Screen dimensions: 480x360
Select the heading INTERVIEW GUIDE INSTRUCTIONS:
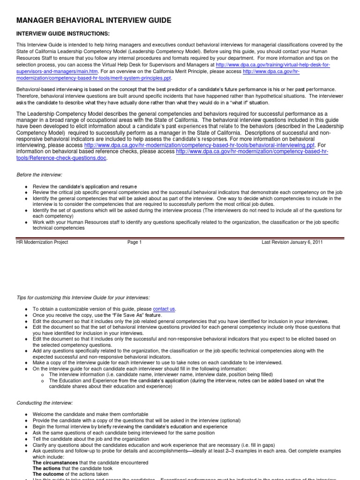coord(63,34)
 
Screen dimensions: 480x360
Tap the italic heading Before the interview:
coord(40,174)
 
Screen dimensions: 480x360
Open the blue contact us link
coord(164,309)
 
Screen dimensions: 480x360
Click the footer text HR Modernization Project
coord(42,242)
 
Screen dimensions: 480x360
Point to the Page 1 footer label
coord(134,242)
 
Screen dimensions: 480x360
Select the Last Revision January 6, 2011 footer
coord(292,242)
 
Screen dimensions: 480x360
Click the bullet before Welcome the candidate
coord(27,415)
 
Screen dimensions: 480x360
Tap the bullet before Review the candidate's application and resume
coord(27,187)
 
